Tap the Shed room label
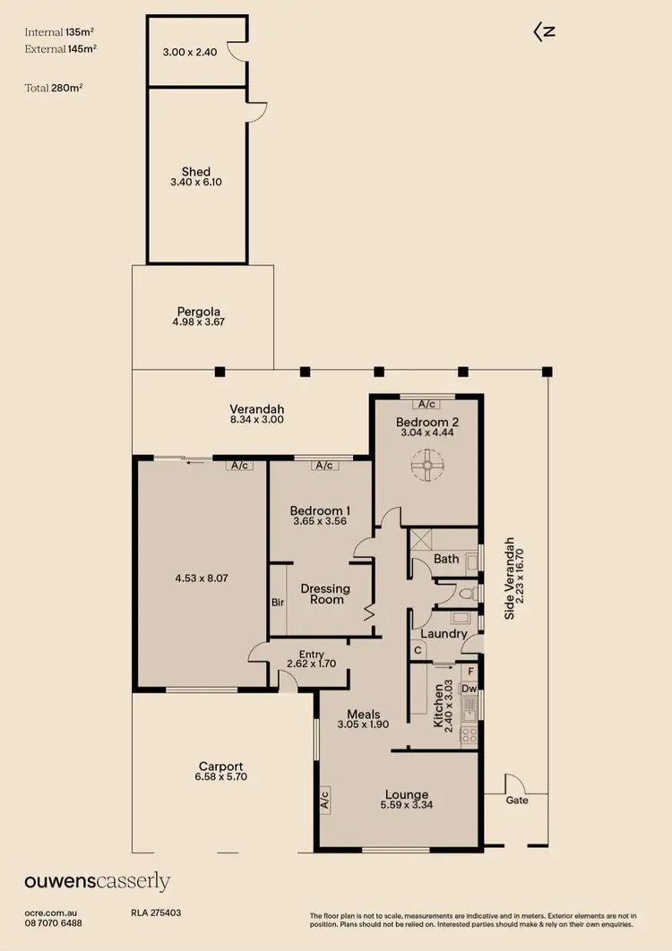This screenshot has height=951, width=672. pos(196,172)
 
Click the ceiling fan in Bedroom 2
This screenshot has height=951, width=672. pos(427,464)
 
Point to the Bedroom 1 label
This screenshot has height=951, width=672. pos(321,511)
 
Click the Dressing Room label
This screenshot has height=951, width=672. pos(325,594)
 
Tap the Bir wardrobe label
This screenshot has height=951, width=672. pos(278,603)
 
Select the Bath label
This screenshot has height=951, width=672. pos(446,559)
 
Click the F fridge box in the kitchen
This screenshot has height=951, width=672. pos(469,671)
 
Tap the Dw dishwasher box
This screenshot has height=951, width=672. pos(469,689)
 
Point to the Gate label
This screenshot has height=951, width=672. pos(517,800)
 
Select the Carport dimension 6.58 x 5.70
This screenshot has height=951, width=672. pos(220,778)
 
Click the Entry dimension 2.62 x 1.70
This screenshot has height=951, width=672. pos(311,664)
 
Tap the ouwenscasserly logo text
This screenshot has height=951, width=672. pos(97,882)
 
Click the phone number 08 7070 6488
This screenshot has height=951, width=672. pos(53,923)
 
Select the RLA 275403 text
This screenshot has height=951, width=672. pos(156,913)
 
